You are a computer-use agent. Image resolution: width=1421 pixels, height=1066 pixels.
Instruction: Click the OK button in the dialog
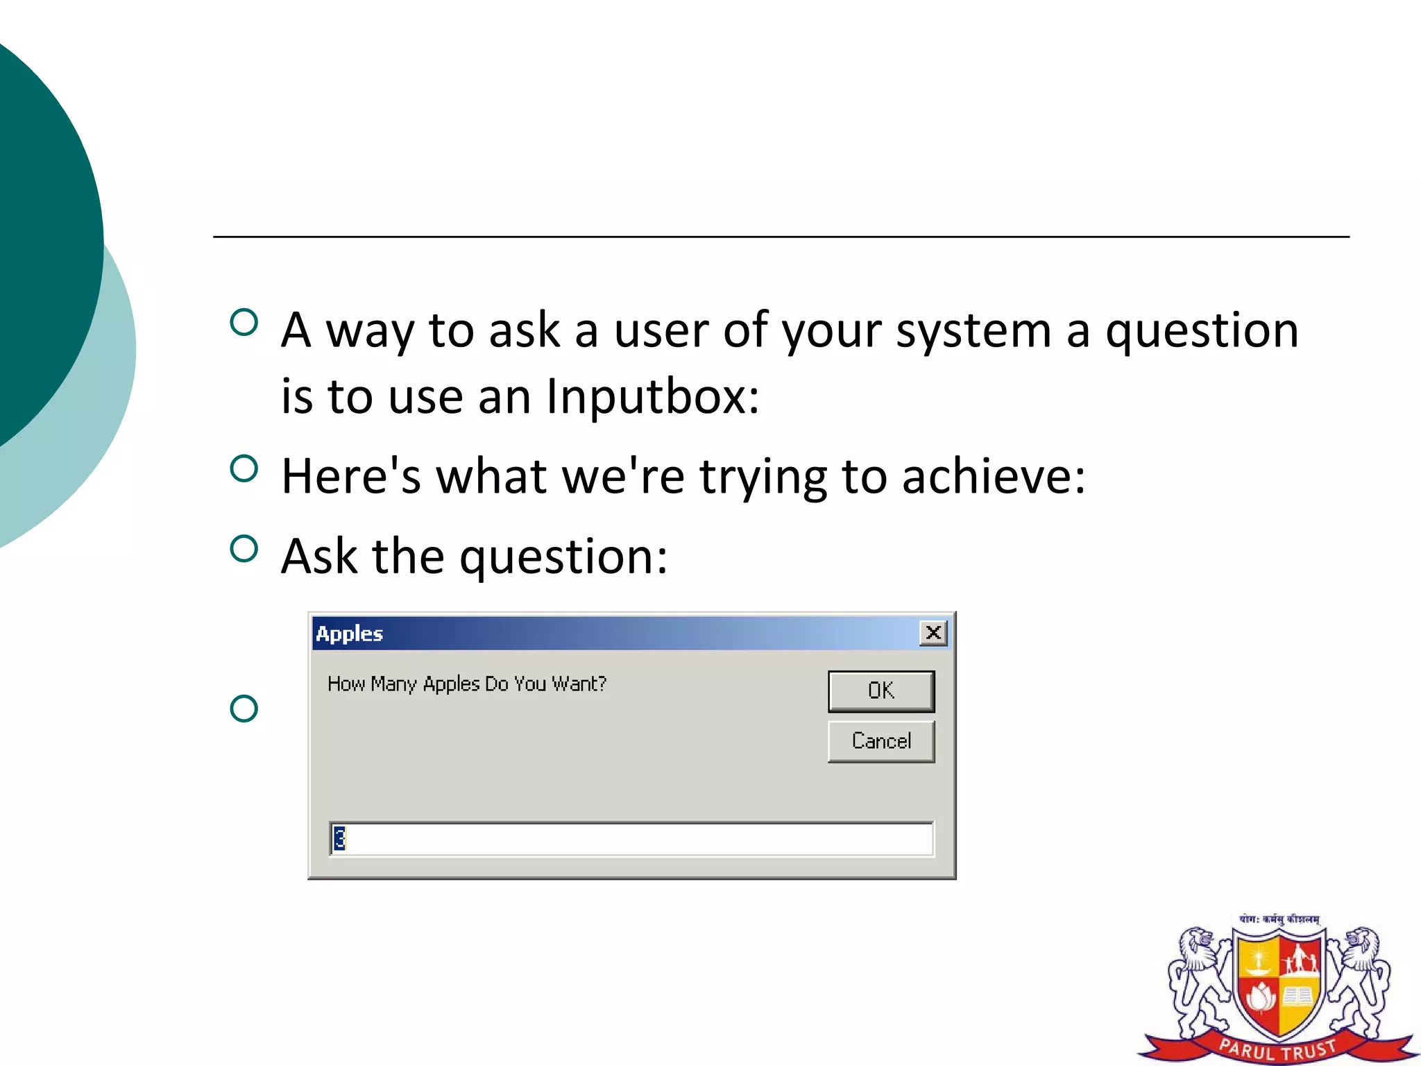pos(881,691)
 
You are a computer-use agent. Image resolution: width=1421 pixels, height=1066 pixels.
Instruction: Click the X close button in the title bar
pos(933,633)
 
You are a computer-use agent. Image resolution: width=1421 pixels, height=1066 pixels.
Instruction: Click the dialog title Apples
pos(349,634)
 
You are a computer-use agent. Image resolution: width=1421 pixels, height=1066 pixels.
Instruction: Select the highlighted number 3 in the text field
pos(339,838)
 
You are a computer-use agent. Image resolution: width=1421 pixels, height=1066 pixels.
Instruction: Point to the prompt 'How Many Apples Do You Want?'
pos(467,684)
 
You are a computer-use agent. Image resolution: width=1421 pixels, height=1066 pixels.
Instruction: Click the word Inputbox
pos(652,396)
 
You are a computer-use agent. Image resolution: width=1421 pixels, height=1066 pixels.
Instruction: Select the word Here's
pos(351,477)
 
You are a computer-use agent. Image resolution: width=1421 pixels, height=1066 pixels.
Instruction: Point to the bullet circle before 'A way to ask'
pos(244,323)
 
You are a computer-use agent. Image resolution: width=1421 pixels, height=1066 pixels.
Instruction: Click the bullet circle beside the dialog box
pos(244,709)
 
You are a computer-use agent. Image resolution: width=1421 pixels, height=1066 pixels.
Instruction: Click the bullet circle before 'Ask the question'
pos(244,549)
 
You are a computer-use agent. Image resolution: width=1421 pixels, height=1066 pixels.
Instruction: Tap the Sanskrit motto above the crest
pos(1279,919)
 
